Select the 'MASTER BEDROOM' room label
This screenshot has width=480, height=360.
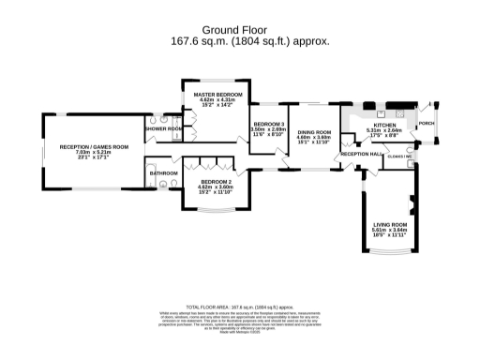click(218, 95)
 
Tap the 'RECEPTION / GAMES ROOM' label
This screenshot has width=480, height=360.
click(94, 147)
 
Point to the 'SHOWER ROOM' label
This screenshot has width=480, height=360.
click(163, 128)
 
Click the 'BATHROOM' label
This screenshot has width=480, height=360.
click(164, 172)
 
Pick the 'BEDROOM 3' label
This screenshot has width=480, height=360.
click(267, 125)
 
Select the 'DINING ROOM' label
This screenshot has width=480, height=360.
click(314, 132)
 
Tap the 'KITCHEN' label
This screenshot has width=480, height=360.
click(385, 125)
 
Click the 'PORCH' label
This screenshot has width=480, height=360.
click(426, 123)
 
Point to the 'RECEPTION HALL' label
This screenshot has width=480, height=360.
click(361, 153)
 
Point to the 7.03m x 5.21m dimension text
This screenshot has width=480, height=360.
click(94, 153)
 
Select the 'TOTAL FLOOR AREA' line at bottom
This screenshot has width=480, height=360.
click(239, 307)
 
